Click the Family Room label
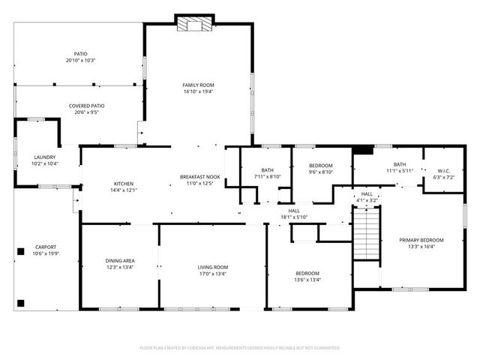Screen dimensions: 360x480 point(198,85)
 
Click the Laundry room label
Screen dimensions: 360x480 point(44,157)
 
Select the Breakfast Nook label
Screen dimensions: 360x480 point(199,177)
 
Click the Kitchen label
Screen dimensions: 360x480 point(124,184)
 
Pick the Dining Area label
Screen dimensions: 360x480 point(119,260)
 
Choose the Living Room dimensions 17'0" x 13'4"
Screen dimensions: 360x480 point(212,274)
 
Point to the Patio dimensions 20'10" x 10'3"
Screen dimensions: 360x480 point(80,61)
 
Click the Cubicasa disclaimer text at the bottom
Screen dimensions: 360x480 point(240,348)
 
